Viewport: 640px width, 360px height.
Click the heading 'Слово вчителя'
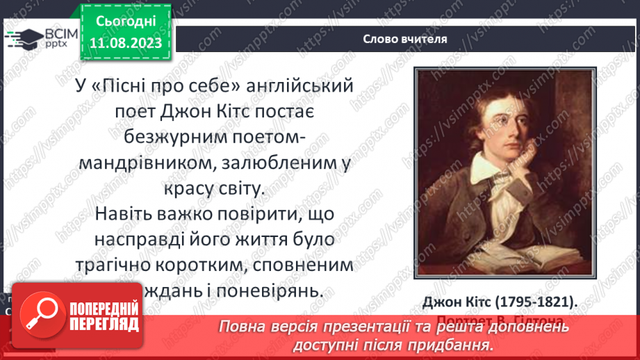pos(404,39)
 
